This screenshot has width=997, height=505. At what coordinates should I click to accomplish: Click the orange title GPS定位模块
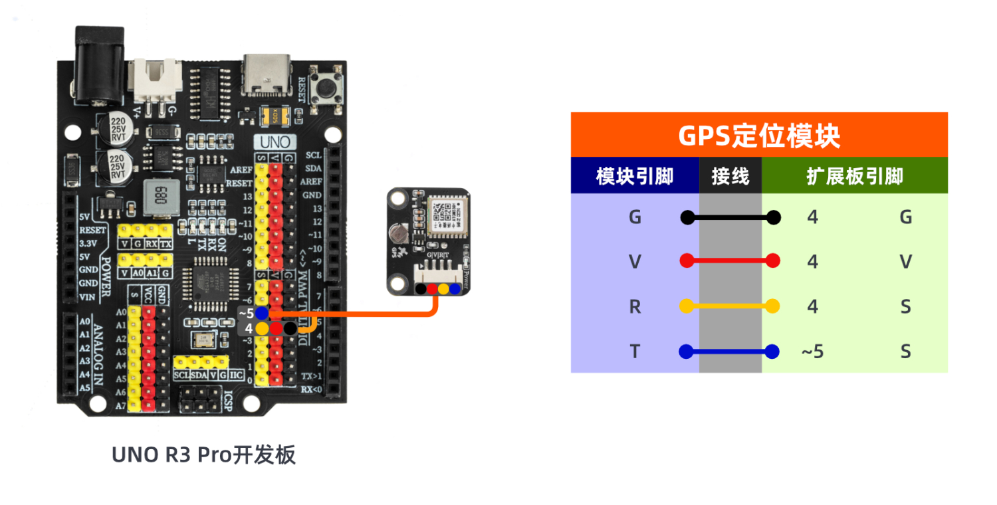[x=758, y=136]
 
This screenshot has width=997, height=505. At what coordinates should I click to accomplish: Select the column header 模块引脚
[x=634, y=176]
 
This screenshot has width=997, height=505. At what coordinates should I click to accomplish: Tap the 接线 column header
[x=730, y=176]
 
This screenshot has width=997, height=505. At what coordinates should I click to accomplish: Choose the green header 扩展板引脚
[x=854, y=176]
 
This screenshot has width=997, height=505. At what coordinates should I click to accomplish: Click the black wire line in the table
[x=730, y=217]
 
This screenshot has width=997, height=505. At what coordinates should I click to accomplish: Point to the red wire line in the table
[x=730, y=261]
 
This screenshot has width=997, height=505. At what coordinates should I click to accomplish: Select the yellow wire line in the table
[x=730, y=306]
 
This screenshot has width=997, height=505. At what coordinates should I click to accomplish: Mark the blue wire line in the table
[x=730, y=352]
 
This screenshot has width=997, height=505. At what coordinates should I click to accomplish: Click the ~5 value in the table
[x=812, y=352]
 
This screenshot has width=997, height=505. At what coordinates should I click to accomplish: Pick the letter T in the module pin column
[x=634, y=352]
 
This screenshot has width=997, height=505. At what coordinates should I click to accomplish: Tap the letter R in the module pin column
[x=634, y=306]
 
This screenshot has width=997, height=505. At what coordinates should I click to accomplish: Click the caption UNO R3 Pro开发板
[x=203, y=455]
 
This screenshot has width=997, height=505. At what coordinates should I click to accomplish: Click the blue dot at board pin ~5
[x=262, y=312]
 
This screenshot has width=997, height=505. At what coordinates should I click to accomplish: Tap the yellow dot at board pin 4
[x=262, y=328]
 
